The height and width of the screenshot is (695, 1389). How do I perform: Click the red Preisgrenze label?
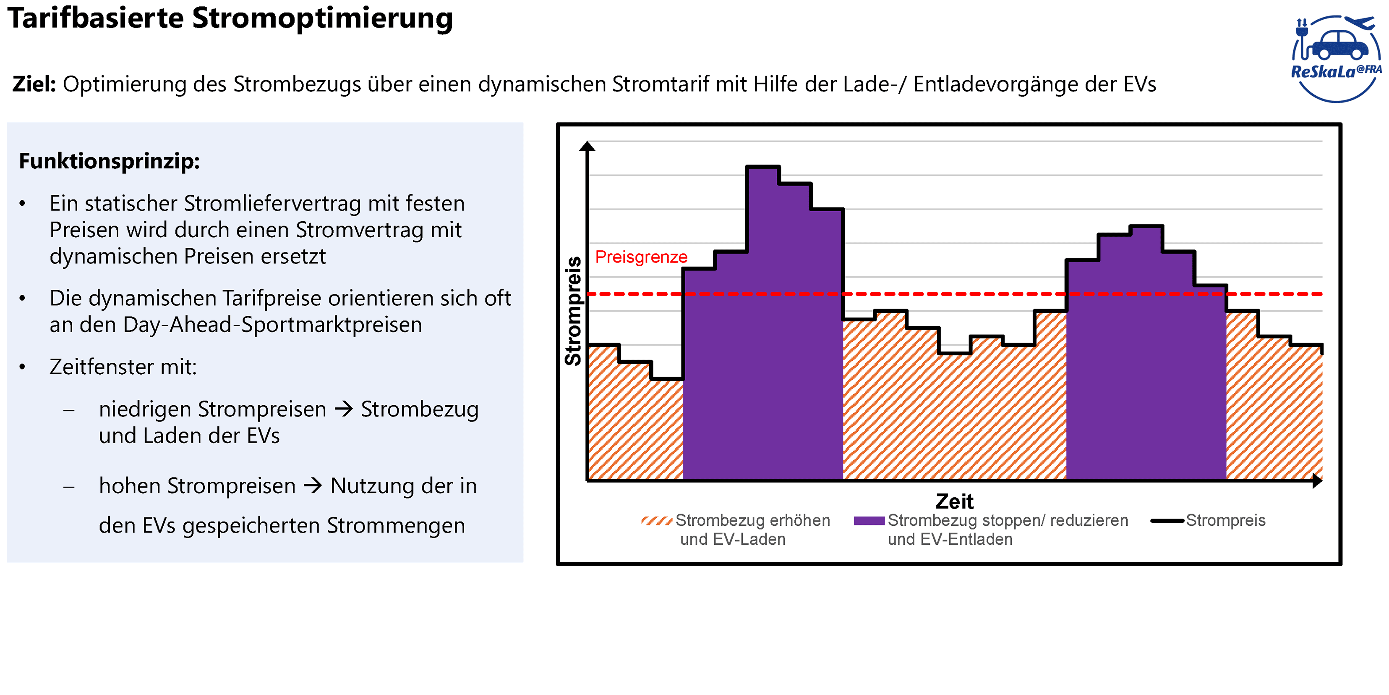coord(641,257)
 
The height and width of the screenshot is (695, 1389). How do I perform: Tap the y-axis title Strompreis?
coord(573,311)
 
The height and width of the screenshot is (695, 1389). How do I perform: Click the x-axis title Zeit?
coord(954,501)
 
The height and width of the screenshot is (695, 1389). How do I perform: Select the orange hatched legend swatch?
coord(656,521)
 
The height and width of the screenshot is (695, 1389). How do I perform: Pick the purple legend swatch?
coord(869,521)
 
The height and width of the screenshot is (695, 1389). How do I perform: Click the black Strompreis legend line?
coord(1167,521)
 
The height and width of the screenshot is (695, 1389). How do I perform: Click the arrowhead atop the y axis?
coord(587,146)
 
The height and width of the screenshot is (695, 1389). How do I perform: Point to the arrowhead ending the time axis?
coord(1317,480)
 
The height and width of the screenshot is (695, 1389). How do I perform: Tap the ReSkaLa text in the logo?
coord(1323,72)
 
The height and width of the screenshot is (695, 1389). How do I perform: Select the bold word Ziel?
coord(34,84)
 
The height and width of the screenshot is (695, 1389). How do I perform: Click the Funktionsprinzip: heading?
coord(110,161)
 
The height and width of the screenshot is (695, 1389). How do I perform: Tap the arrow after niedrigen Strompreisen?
coord(344,409)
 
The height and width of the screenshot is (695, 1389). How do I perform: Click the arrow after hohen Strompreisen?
coord(313,485)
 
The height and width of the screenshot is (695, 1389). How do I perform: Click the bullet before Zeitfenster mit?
coord(22,367)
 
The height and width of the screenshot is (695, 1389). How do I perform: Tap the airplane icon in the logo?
coord(1360,23)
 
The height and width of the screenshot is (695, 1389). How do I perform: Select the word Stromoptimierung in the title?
coord(322,18)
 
